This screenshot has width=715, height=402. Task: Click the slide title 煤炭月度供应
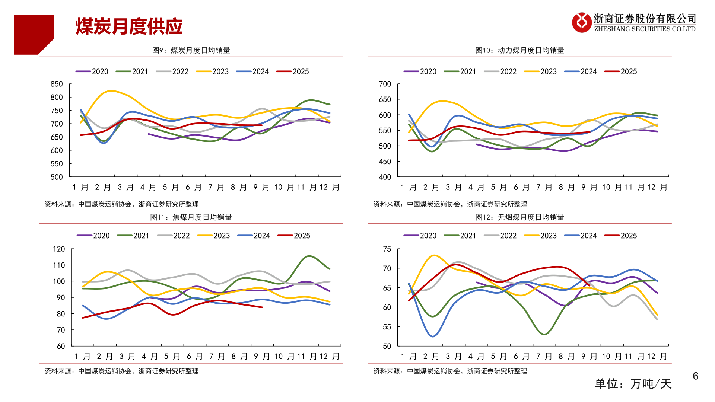129,26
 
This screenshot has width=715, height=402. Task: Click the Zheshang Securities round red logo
581,22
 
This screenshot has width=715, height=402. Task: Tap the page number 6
695,376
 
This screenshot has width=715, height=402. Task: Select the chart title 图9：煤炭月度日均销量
191,50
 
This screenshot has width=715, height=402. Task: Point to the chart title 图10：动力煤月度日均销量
519,50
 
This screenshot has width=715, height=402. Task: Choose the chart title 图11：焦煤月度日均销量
191,217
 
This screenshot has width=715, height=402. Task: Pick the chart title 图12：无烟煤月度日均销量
519,217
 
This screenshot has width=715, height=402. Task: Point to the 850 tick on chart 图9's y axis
57,84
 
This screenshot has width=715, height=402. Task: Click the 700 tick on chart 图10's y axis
385,84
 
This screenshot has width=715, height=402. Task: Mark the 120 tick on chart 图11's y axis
59,249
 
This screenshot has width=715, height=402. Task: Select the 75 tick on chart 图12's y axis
387,249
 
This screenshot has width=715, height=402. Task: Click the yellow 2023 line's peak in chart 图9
111,91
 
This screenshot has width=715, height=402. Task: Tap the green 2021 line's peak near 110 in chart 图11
309,256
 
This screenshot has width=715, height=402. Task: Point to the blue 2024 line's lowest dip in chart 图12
433,336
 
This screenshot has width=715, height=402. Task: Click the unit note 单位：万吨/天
633,384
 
